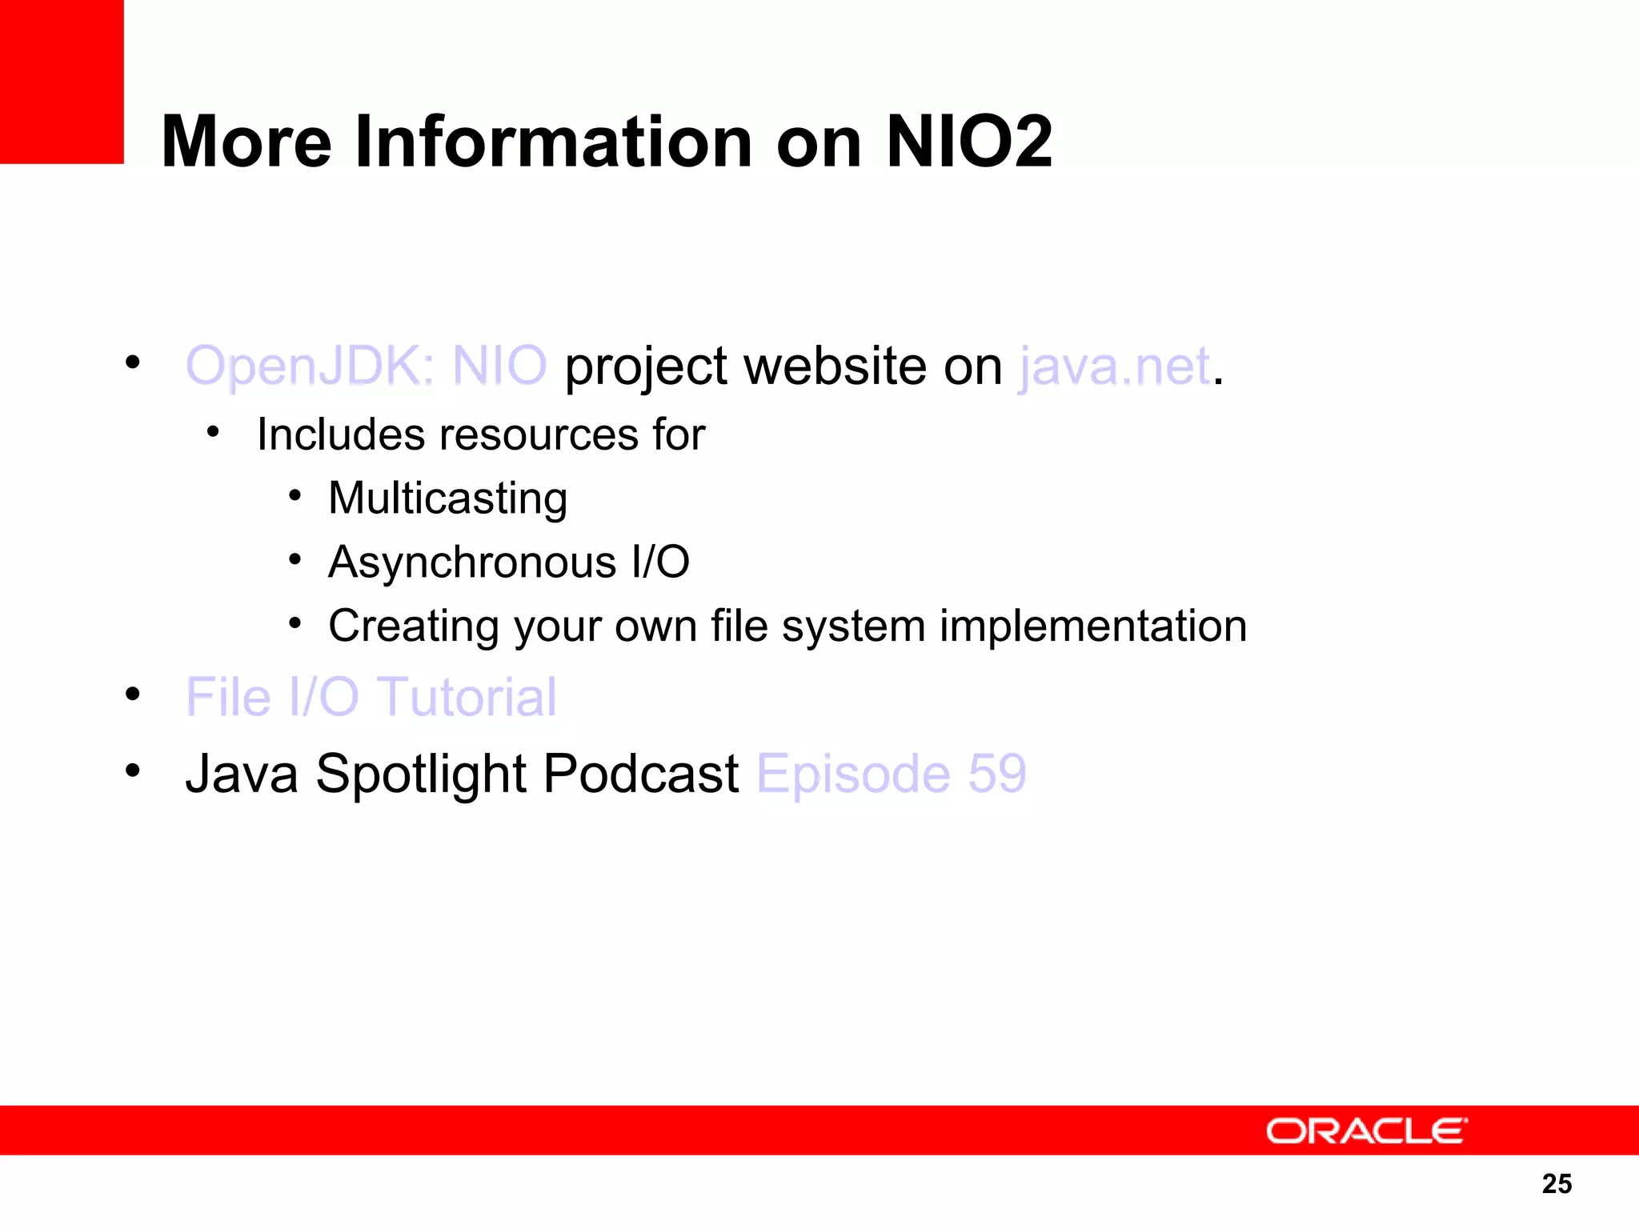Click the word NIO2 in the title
tap(969, 142)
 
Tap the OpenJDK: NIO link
tap(366, 366)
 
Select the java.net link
tap(1115, 366)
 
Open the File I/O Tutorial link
tap(371, 697)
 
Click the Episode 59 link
tap(891, 774)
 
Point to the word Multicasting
tap(448, 498)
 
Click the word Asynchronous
tap(472, 562)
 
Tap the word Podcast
tap(641, 774)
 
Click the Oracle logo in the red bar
tap(1366, 1131)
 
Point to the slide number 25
tap(1557, 1183)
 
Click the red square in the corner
tap(62, 81)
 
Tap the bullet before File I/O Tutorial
tap(133, 694)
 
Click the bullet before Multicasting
tap(295, 495)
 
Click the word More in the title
tap(246, 142)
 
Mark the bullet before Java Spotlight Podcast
tap(133, 771)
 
